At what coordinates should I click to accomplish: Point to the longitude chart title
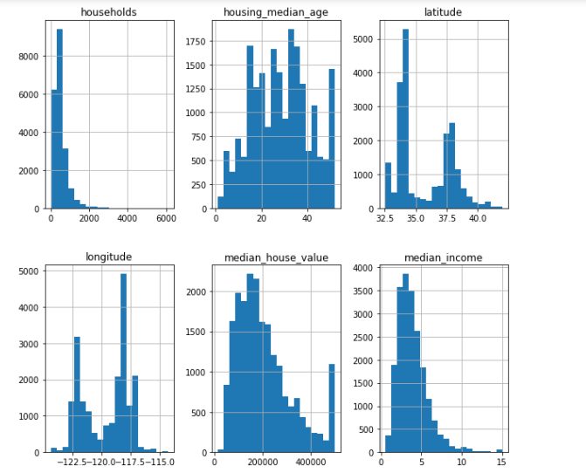(108, 257)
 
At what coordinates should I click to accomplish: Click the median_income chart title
(442, 257)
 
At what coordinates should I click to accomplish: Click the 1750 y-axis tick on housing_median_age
(196, 41)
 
